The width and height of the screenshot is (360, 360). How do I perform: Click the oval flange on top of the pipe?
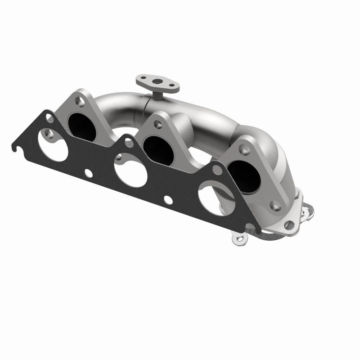157,82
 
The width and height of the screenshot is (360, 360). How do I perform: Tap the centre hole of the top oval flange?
158,82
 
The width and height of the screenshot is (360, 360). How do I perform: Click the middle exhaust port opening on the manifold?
155,146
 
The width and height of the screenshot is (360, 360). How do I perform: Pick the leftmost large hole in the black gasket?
53,144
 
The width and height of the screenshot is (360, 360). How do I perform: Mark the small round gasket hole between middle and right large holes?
168,200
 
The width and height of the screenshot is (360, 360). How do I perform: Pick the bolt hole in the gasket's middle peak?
129,144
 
